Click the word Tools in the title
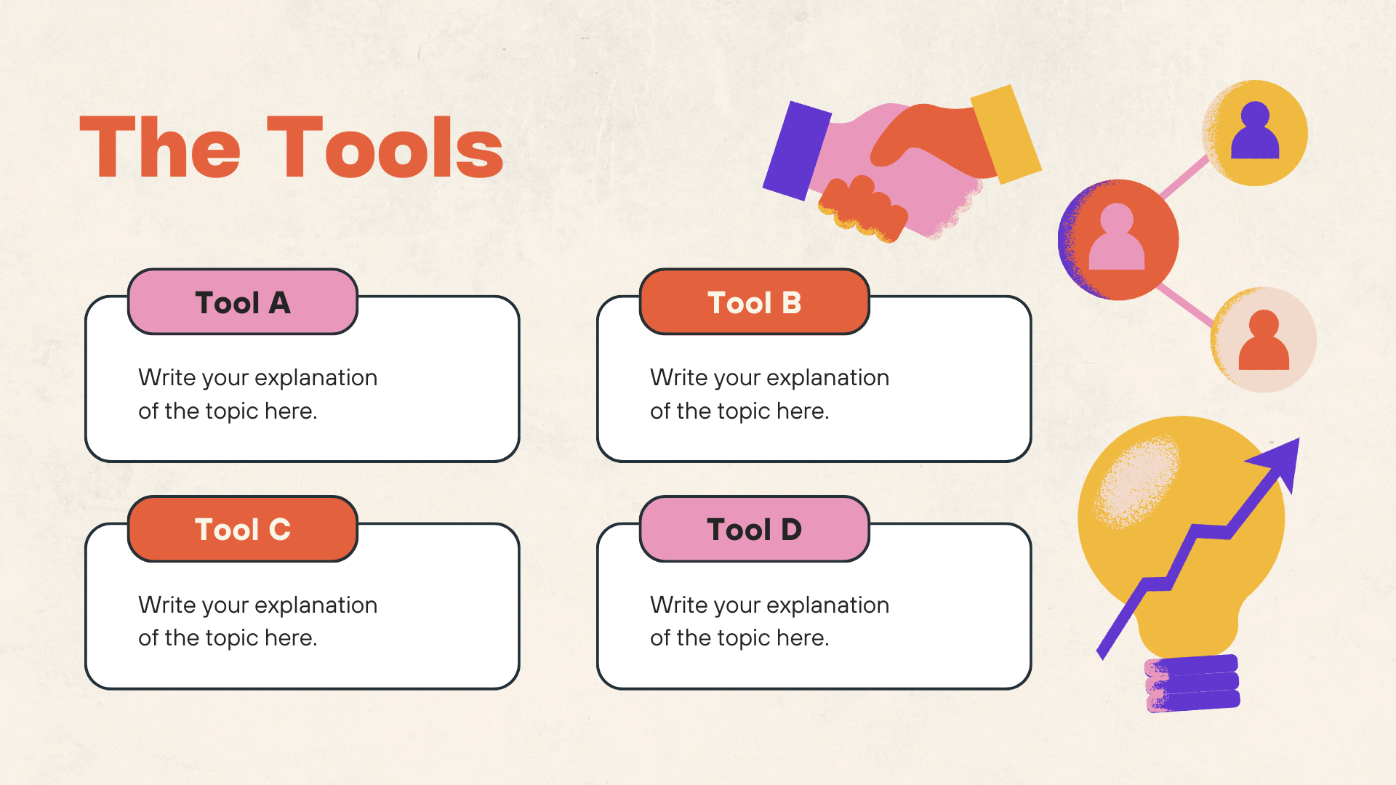point(385,148)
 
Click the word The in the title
point(160,148)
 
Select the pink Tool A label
point(243,302)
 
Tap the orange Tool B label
point(755,302)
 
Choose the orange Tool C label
point(243,529)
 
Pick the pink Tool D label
point(755,529)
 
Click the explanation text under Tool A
point(258,394)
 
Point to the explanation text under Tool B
point(769,394)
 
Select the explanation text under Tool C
point(258,621)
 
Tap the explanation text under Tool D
point(769,621)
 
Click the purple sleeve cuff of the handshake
point(797,151)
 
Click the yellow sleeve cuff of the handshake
point(1006,134)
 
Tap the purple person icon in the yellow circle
point(1255,131)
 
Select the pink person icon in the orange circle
point(1117,237)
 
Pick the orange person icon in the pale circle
point(1264,340)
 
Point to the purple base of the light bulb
point(1192,683)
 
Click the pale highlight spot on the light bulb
point(1138,480)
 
